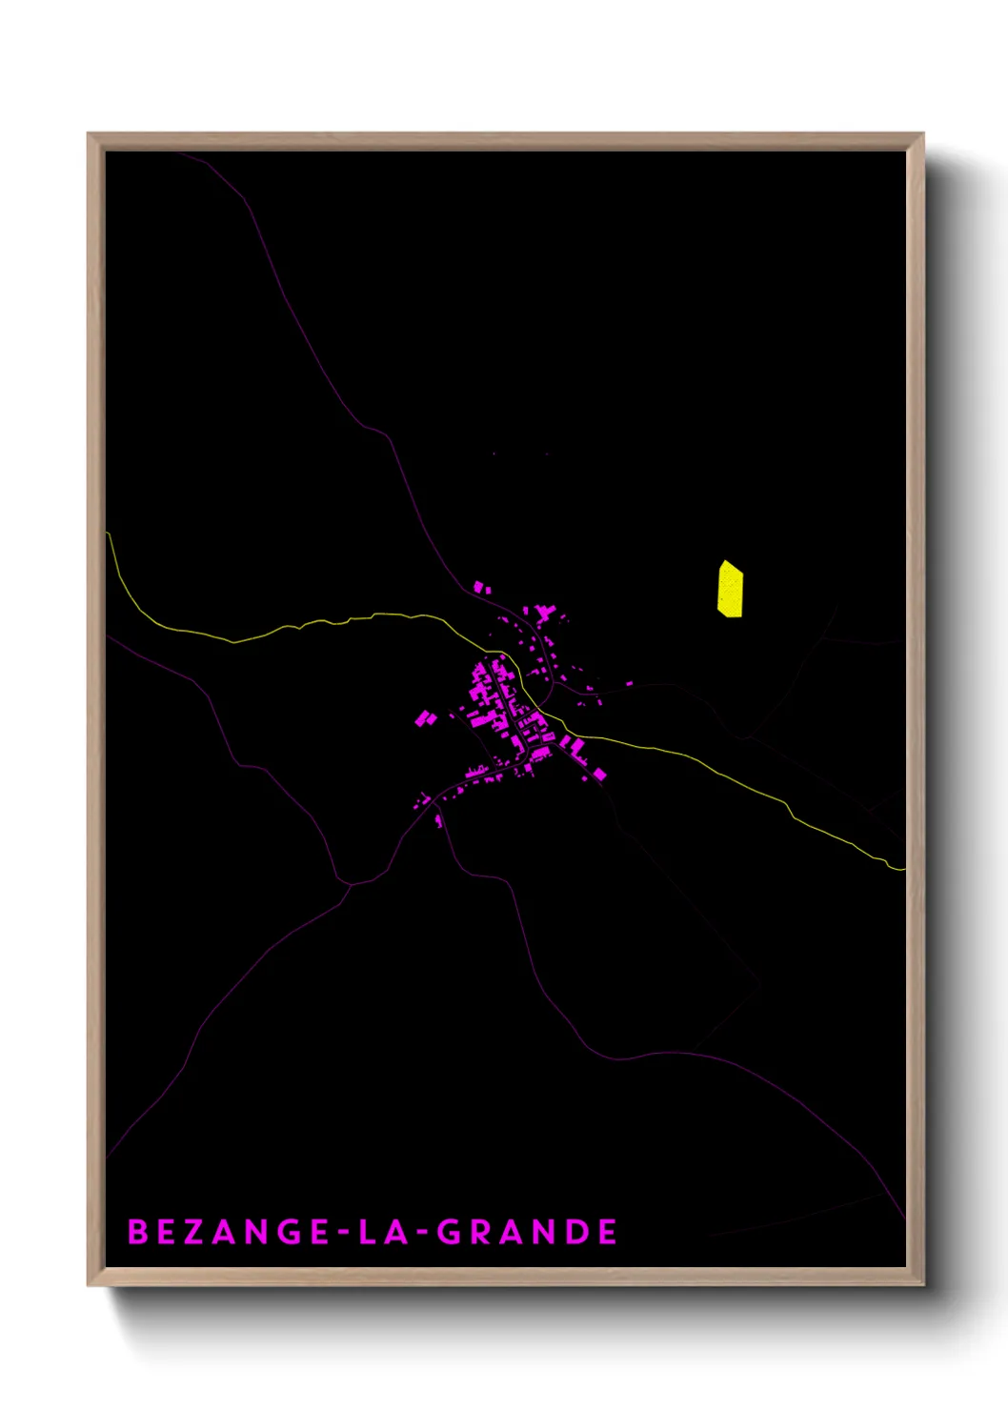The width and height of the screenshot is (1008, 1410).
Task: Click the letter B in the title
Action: coord(138,1232)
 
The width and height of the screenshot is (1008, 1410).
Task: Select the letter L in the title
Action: coord(368,1232)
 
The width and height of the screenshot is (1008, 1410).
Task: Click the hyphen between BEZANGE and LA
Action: coord(342,1233)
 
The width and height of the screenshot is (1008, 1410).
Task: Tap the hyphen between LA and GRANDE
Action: coord(421,1233)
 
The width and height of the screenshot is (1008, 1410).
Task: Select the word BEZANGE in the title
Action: coord(229,1232)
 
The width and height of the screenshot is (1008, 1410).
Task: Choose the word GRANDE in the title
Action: coord(527,1232)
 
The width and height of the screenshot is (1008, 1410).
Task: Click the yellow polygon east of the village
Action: coord(730,589)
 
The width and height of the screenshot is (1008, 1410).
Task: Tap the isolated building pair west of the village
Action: coord(425,718)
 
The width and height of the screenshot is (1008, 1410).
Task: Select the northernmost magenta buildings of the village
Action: coord(481,587)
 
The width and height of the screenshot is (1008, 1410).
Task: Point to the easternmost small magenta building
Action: coord(630,683)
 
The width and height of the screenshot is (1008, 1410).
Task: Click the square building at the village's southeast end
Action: coord(599,775)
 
